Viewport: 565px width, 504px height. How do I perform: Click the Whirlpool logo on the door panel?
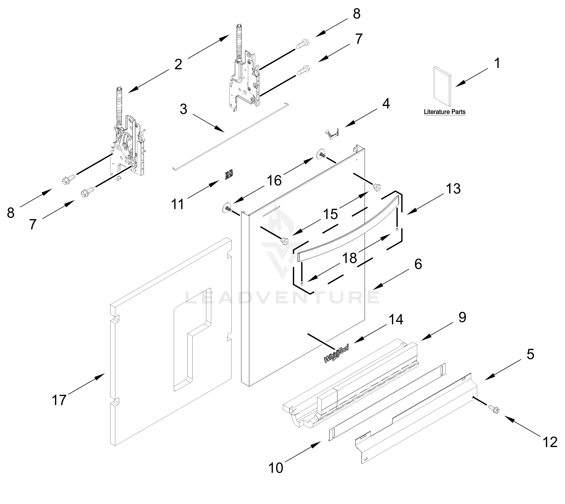[x=336, y=354]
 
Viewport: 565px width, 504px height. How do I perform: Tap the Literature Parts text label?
[x=445, y=112]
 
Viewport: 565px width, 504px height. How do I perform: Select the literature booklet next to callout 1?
[x=442, y=86]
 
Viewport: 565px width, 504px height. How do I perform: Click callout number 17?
[x=59, y=400]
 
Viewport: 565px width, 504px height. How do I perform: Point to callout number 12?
[x=550, y=442]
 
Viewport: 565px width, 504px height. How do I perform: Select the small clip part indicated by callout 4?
[x=332, y=133]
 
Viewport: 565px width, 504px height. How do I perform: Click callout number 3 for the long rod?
[x=183, y=109]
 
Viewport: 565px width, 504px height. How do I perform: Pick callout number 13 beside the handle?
[x=453, y=189]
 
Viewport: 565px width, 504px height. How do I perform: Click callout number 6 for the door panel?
[x=418, y=264]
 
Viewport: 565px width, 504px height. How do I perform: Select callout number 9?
[x=462, y=317]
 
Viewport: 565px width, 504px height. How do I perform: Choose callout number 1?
[x=497, y=63]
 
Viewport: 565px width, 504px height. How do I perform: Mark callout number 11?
[x=177, y=204]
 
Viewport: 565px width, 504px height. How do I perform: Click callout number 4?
[x=386, y=104]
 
